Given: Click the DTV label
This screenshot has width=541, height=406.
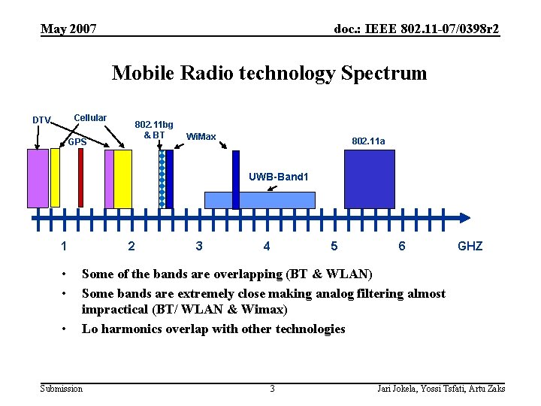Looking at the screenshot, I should click(x=41, y=120).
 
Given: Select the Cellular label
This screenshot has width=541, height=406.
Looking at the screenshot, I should click(x=90, y=118).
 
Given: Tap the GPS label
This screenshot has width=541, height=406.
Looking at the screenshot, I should click(x=77, y=141).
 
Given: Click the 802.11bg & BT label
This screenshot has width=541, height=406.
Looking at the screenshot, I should click(x=153, y=129).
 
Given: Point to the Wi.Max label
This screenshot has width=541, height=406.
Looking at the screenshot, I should click(x=201, y=136).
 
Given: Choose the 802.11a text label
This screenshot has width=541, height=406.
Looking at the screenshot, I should click(x=368, y=141).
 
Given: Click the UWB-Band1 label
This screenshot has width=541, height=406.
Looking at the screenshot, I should click(x=279, y=177).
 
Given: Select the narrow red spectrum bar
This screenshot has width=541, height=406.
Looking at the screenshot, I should click(x=80, y=178).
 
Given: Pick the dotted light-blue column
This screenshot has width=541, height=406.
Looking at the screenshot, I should click(x=162, y=179).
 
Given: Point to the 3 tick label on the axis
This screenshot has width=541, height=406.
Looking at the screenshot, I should click(x=198, y=246).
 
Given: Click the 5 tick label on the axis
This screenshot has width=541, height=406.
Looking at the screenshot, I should click(x=334, y=246).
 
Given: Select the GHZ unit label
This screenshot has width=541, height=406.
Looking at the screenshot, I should click(x=470, y=246).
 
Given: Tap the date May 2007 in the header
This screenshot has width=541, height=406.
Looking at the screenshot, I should click(x=68, y=29).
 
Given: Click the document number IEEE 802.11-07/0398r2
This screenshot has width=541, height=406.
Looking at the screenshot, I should click(x=416, y=29).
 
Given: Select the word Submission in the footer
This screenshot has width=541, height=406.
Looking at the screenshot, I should click(x=62, y=388).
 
